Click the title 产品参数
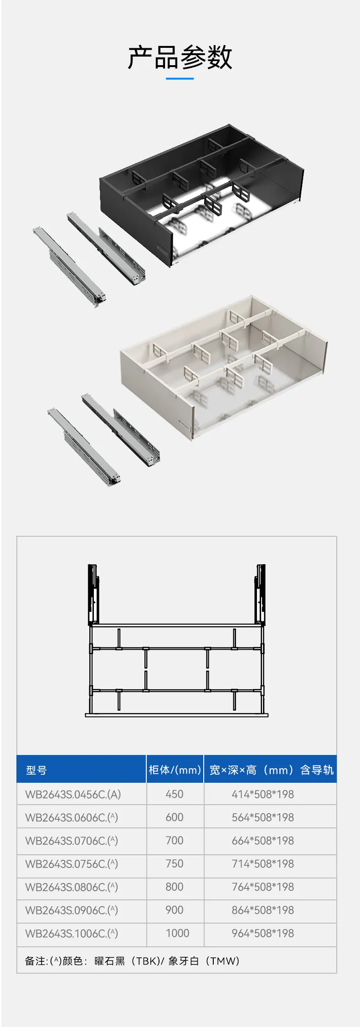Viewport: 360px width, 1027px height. pyautogui.click(x=180, y=57)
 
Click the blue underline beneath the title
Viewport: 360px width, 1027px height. pyautogui.click(x=180, y=79)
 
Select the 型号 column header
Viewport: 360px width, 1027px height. pyautogui.click(x=36, y=770)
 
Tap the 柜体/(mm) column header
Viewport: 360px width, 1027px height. pyautogui.click(x=175, y=770)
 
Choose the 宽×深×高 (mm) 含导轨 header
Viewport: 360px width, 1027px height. pyautogui.click(x=272, y=770)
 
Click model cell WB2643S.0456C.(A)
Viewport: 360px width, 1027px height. pyautogui.click(x=73, y=794)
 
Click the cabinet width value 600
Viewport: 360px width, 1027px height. pyautogui.click(x=175, y=817)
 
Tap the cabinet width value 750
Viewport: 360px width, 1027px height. pyautogui.click(x=175, y=863)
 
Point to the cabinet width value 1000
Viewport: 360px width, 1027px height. pyautogui.click(x=178, y=933)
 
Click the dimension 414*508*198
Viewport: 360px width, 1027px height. pyautogui.click(x=263, y=794)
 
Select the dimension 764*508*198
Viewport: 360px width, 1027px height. pyautogui.click(x=263, y=887)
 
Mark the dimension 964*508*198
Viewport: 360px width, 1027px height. pyautogui.click(x=263, y=933)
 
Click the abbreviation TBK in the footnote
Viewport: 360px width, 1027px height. pyautogui.click(x=145, y=961)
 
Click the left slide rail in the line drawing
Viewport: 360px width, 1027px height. pyautogui.click(x=93, y=594)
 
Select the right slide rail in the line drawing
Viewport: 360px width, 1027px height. pyautogui.click(x=260, y=594)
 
